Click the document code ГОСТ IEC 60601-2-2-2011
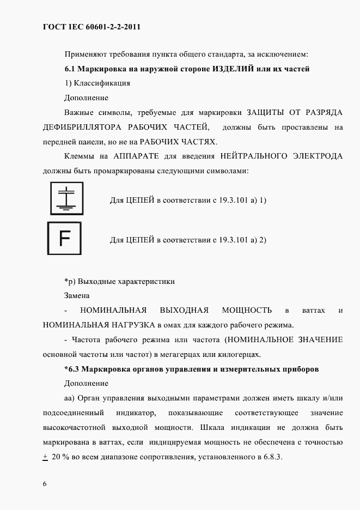click(x=87, y=27)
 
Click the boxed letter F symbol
click(x=64, y=239)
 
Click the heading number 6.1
click(x=70, y=69)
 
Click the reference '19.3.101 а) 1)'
click(x=239, y=200)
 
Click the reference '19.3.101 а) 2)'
click(x=239, y=239)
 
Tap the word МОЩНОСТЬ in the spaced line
click(x=247, y=310)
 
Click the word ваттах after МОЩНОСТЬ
click(x=313, y=311)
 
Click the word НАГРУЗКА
click(x=131, y=325)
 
